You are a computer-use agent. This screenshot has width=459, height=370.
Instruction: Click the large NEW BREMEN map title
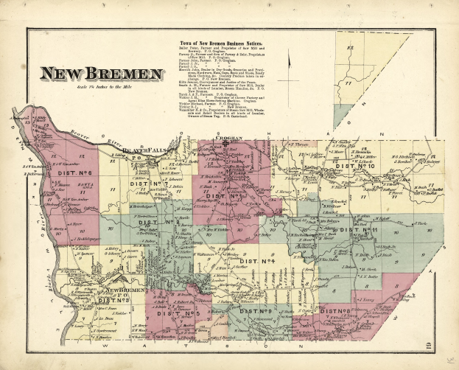click(x=102, y=74)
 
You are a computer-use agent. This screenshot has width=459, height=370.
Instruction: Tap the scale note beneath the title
click(x=102, y=87)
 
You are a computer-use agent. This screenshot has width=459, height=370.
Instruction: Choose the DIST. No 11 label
click(x=359, y=231)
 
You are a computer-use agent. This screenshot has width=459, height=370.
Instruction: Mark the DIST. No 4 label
click(x=257, y=261)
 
